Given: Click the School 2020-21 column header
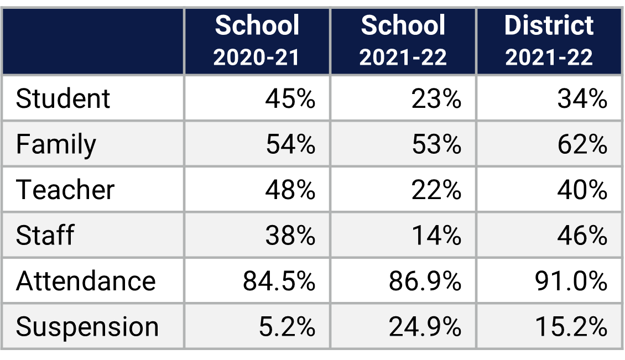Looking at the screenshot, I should click(x=257, y=41).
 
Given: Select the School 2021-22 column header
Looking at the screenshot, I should click(x=403, y=41).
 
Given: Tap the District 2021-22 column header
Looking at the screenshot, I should click(x=549, y=41).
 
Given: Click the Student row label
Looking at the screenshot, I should click(x=63, y=99).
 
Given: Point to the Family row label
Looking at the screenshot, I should click(x=56, y=144).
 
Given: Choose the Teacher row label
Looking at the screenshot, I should click(x=65, y=190).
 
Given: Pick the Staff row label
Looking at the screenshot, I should click(x=45, y=235).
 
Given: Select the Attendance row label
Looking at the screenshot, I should click(x=86, y=281).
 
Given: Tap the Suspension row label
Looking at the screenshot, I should click(x=87, y=326).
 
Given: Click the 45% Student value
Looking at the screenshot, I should click(x=290, y=99).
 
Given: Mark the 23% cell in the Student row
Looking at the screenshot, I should click(x=436, y=99).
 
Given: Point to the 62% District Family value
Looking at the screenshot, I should click(x=582, y=144).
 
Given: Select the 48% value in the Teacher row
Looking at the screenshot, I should click(x=290, y=190).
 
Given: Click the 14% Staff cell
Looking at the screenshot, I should click(x=436, y=235).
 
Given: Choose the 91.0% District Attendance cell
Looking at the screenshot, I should click(x=571, y=281).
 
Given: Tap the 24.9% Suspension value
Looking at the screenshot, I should click(x=425, y=326).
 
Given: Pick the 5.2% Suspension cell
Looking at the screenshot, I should click(x=287, y=326).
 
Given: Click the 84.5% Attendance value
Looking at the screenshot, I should click(x=279, y=281).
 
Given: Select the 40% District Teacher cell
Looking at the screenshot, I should click(x=582, y=190).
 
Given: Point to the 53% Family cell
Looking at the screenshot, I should click(x=436, y=144).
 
